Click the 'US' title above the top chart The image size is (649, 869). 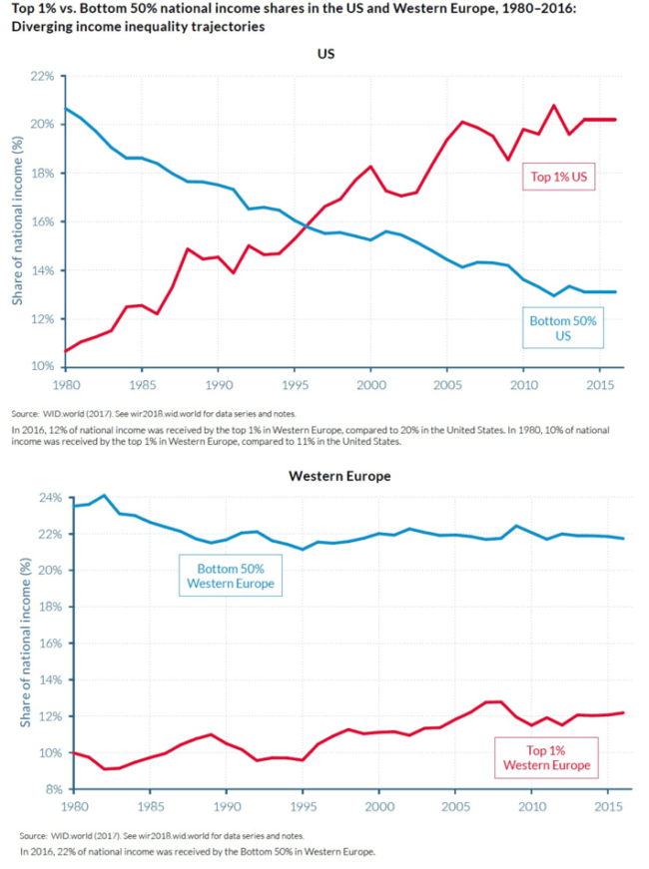324,54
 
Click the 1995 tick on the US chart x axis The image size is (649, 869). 295,384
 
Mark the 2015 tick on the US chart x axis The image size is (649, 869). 599,384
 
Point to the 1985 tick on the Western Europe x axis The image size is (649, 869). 151,806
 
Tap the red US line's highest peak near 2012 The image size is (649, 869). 554,105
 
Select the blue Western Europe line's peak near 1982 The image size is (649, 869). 105,495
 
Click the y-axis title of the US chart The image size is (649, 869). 17,221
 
